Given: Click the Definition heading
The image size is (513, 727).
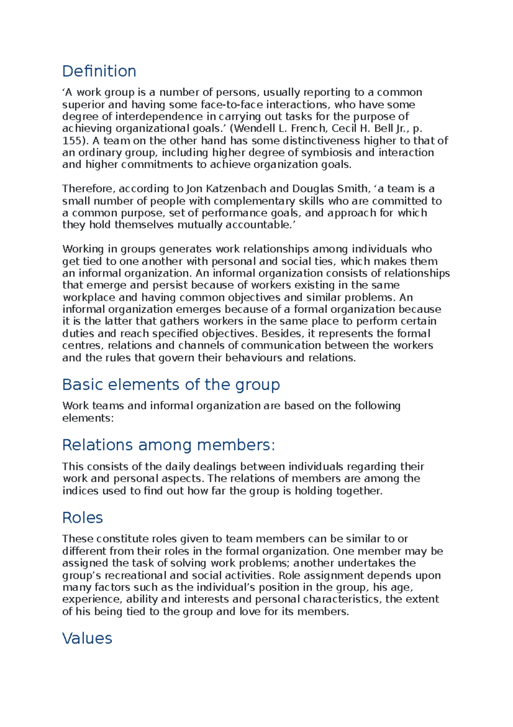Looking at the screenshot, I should click(99, 71).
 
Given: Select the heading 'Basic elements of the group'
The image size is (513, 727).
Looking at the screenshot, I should click(171, 384).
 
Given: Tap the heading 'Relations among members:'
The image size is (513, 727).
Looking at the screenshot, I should click(168, 445).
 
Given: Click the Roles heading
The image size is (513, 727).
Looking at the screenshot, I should click(82, 518).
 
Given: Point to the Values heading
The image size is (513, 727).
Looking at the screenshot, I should click(87, 638).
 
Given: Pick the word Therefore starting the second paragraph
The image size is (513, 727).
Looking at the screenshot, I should click(88, 188).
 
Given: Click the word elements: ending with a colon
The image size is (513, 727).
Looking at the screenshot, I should click(88, 418).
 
